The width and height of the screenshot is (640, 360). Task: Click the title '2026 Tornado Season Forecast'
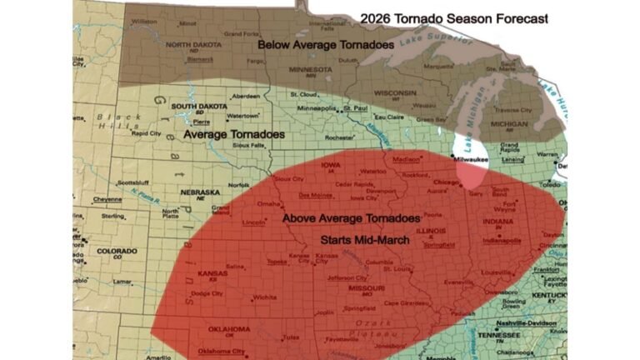453,18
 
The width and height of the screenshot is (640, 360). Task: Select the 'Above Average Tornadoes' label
351,218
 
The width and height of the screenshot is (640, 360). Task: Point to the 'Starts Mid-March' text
360,239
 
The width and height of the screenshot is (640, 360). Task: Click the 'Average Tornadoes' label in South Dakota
233,133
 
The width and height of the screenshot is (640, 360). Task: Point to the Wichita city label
265,297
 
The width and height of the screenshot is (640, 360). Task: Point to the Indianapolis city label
500,239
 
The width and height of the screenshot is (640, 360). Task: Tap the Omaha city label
268,203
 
